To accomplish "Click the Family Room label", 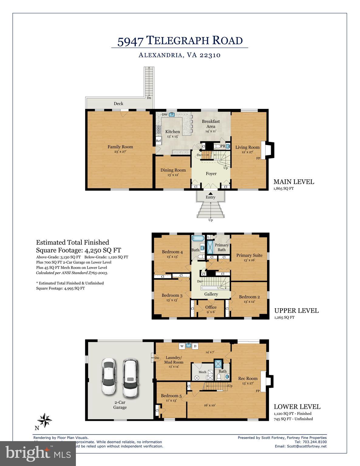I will pyautogui.click(x=120, y=147).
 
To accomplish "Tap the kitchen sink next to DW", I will pyautogui.click(x=172, y=114).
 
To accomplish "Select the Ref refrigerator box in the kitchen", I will pyautogui.click(x=158, y=141).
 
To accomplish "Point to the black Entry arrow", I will pyautogui.click(x=210, y=193).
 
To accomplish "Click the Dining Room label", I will pyautogui.click(x=173, y=170).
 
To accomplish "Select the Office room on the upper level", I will pyautogui.click(x=211, y=309).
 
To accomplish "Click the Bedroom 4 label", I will pyautogui.click(x=172, y=252).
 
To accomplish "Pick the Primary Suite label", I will pyautogui.click(x=249, y=255).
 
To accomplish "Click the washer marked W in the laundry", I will pyautogui.click(x=182, y=346).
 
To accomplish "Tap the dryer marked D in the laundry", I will pyautogui.click(x=195, y=346).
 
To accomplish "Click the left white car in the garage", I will pyautogui.click(x=109, y=377).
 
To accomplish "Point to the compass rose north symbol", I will pyautogui.click(x=45, y=420).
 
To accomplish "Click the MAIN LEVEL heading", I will pyautogui.click(x=294, y=182).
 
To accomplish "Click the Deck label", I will pyautogui.click(x=118, y=103).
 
